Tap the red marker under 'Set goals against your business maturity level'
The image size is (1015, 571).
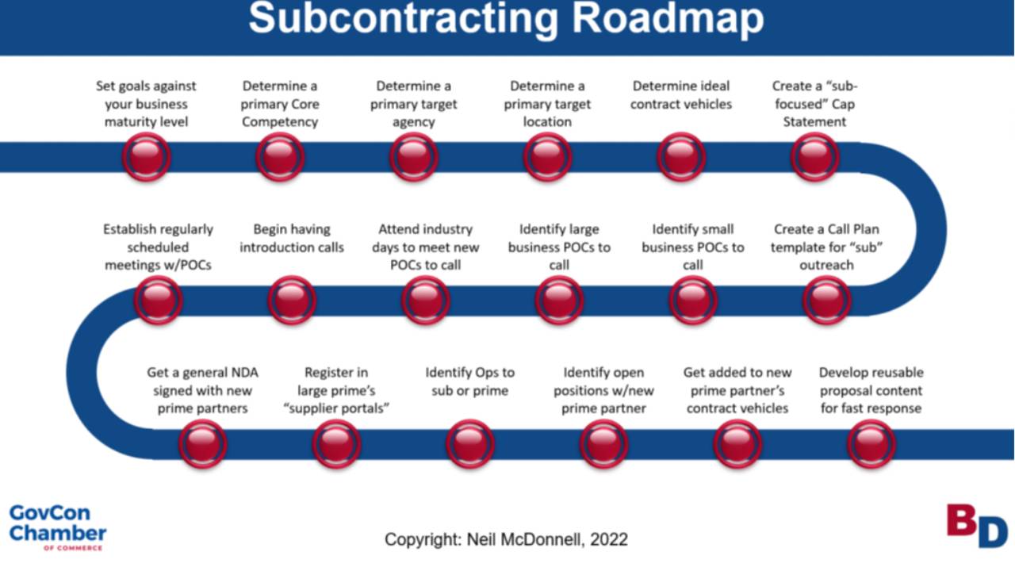point(146,157)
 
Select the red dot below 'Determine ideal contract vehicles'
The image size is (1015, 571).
point(680,157)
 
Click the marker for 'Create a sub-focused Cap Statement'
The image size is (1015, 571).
point(814,157)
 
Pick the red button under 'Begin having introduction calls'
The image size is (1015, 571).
point(292,300)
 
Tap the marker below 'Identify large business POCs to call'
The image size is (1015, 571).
point(559,300)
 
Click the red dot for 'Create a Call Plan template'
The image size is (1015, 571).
point(826,300)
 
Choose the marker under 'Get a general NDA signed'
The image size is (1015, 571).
point(202,443)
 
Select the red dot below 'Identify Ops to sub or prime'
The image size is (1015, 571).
point(470,443)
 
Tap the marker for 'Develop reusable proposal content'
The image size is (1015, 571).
point(871,443)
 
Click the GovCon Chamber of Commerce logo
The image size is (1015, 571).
point(57,526)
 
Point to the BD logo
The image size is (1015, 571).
point(976,526)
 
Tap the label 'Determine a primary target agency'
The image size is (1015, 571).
point(413,104)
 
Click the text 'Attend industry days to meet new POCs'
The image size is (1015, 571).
point(426,247)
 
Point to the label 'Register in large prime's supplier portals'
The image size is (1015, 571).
point(335,390)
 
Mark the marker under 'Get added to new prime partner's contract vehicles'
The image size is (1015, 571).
point(737,443)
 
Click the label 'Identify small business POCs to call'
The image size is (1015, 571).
point(693,247)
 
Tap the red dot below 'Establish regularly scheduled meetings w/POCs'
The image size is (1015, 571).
point(158,300)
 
